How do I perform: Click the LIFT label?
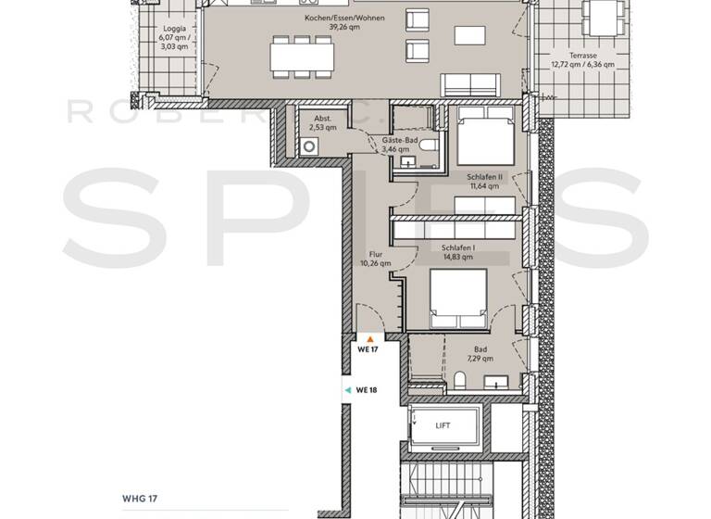click(444, 425)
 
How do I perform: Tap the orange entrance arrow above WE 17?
click(370, 340)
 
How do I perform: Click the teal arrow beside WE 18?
click(347, 390)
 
